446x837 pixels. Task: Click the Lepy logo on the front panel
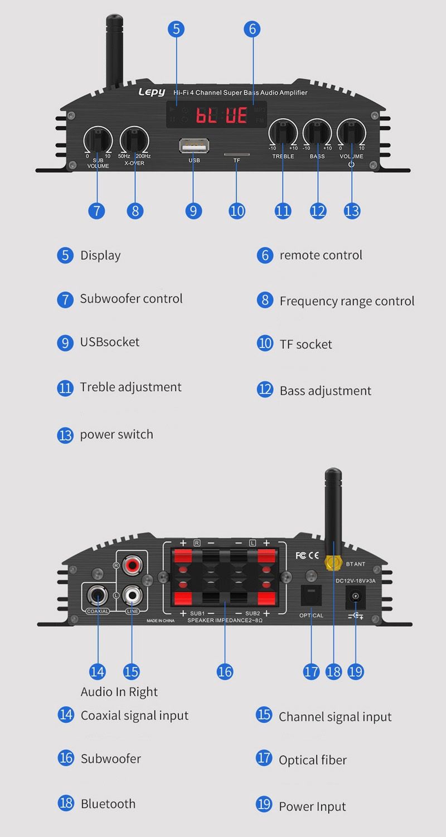(152, 92)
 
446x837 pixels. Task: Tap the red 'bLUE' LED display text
(221, 116)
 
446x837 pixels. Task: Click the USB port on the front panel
(193, 146)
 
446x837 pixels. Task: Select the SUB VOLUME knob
(98, 138)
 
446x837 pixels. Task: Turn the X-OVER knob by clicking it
(134, 138)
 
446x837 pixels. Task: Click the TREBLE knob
(283, 134)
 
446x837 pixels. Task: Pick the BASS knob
(317, 134)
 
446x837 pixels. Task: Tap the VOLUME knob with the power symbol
(351, 134)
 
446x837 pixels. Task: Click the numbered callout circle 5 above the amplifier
(176, 29)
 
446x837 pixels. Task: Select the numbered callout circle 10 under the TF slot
(237, 211)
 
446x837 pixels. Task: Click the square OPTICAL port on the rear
(311, 595)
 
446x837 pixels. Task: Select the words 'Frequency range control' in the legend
(347, 301)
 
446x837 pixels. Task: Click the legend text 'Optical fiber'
(313, 760)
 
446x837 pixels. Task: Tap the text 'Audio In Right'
(119, 692)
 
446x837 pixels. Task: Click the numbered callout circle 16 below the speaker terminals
(225, 671)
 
